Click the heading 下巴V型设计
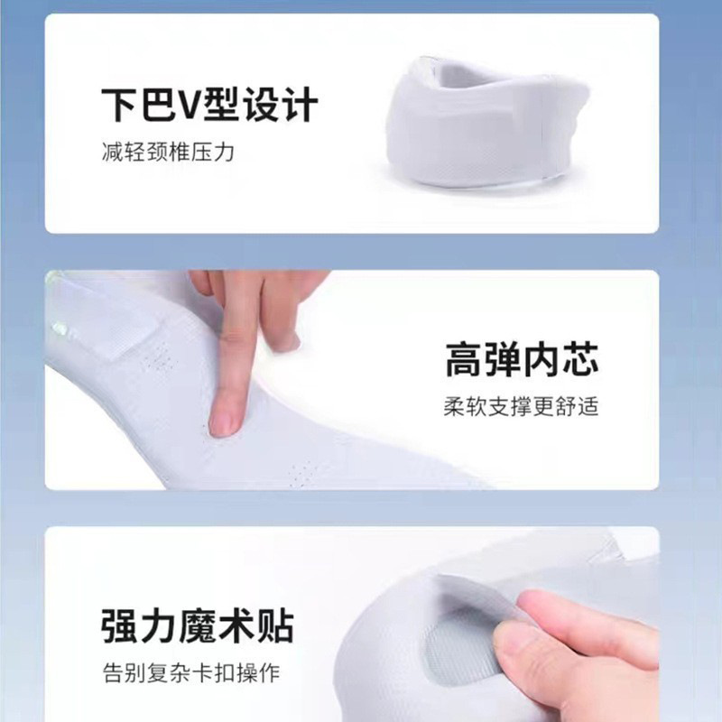coord(209,105)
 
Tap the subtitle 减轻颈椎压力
coord(168,152)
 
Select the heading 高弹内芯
coord(522,359)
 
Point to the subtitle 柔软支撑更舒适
coord(522,407)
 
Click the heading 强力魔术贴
coord(198,625)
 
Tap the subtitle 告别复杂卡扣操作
coord(191,673)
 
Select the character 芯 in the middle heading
coord(580,359)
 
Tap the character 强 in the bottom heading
coord(120,626)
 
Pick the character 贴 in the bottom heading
coord(276,626)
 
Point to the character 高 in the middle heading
coord(464,359)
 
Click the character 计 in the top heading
coord(300,105)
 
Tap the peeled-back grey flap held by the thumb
coord(479,598)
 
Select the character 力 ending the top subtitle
coord(225,152)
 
